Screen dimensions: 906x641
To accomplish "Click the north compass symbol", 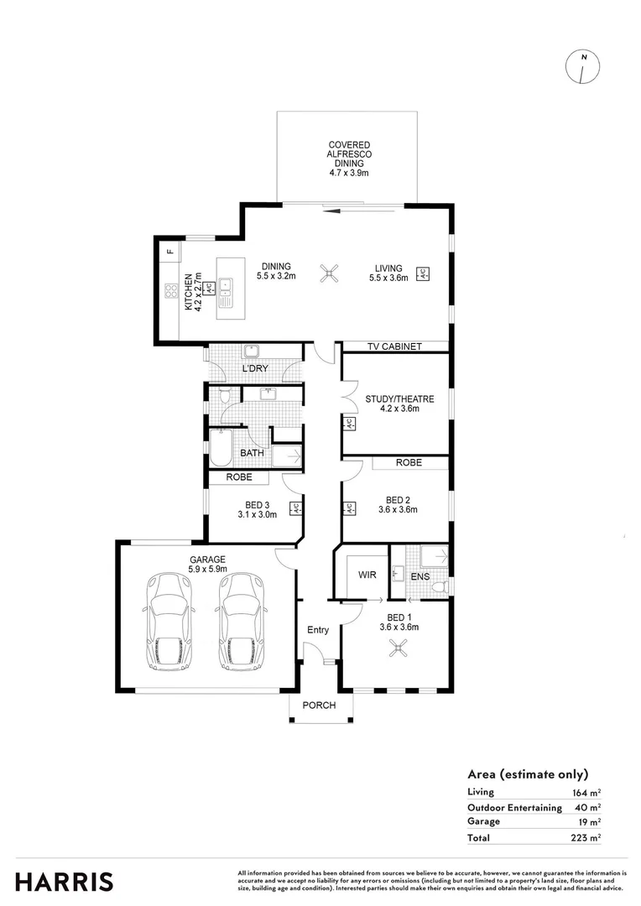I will click(x=583, y=68).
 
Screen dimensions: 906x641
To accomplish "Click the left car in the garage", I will click(x=171, y=622).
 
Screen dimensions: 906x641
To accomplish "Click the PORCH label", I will click(x=319, y=706).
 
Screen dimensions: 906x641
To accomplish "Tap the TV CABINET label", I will click(x=393, y=346).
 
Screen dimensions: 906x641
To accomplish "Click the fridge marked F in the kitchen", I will click(x=169, y=250).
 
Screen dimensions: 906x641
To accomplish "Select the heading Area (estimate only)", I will click(x=527, y=774).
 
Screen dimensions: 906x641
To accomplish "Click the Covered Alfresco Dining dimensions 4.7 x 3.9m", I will click(x=348, y=173).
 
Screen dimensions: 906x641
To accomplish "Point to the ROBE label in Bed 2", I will click(x=409, y=463).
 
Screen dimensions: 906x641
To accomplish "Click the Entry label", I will click(x=318, y=630).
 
